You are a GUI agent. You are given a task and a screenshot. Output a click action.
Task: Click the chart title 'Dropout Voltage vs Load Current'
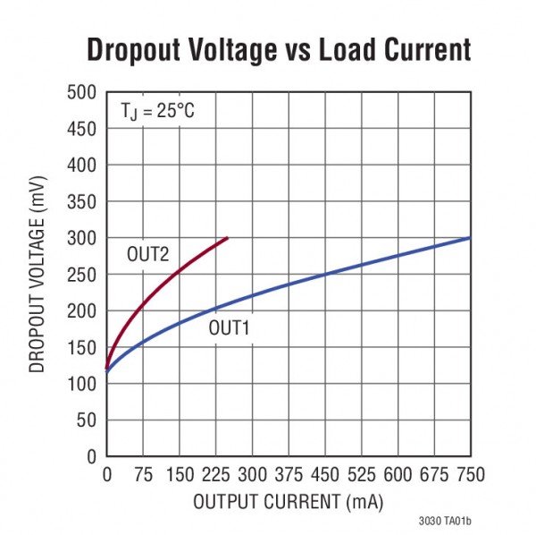278,50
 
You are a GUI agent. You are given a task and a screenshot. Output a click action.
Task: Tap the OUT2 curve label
147,255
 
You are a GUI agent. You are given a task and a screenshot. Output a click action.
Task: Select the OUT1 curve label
230,328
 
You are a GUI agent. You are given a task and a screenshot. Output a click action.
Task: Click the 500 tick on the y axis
82,92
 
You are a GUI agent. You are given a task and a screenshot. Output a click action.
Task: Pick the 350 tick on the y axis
82,201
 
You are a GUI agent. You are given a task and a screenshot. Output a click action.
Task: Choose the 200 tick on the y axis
82,310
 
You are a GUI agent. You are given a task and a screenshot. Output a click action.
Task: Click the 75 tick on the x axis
143,473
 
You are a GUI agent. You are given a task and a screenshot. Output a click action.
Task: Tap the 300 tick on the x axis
252,473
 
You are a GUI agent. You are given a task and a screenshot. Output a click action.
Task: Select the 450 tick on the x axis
324,473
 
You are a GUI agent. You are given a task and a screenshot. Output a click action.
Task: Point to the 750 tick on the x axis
469,473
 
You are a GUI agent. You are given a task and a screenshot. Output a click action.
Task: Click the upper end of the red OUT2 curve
228,238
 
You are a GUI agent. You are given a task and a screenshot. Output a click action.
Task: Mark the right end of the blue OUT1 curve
469,238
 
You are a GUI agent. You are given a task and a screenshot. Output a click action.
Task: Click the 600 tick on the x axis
397,473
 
